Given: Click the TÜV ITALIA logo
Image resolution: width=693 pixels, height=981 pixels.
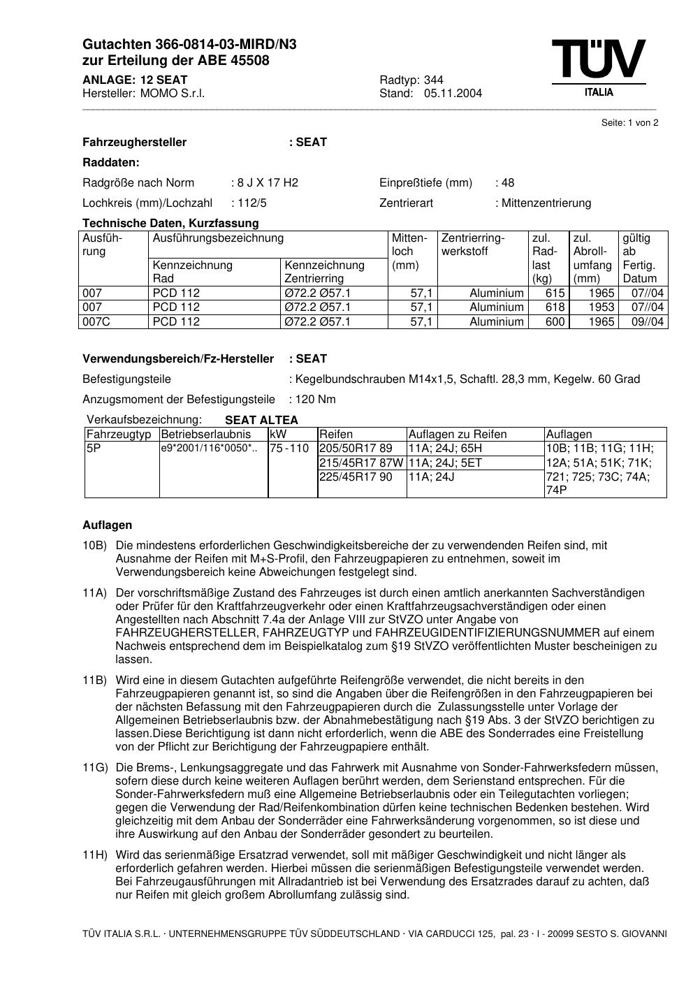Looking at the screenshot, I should tap(598, 67).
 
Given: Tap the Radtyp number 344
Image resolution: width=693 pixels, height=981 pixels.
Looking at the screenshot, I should tap(433, 80).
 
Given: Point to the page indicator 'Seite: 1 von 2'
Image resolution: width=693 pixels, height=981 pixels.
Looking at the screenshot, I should tap(629, 123).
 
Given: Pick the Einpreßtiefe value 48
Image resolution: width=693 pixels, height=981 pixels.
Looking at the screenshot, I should tap(507, 183).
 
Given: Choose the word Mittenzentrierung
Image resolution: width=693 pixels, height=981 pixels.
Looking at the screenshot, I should tap(546, 203).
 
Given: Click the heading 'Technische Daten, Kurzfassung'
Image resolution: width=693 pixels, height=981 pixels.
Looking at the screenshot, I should tap(170, 224).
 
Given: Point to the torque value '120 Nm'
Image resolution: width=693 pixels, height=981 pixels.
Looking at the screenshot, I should tap(315, 400).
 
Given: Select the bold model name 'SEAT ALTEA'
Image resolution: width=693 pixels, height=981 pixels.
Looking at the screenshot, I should tap(261, 421).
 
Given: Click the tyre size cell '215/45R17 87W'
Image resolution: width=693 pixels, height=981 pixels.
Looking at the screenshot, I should tap(360, 463).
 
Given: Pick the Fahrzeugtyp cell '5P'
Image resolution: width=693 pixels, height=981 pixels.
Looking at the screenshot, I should tap(94, 449).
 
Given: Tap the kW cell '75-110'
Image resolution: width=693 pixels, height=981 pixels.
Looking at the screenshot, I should tap(289, 449).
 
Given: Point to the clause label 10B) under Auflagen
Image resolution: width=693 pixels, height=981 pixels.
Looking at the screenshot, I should tap(94, 546).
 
